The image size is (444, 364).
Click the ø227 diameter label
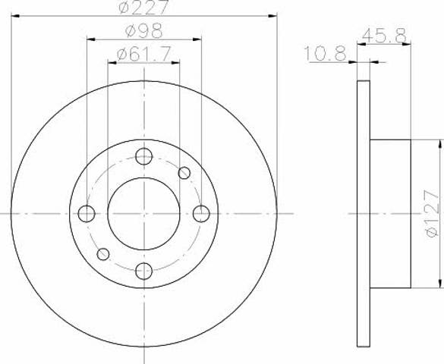(x=143, y=7)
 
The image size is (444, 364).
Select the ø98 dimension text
(x=144, y=30)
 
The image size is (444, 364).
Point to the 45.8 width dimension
(x=384, y=35)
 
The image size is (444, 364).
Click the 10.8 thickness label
(x=325, y=53)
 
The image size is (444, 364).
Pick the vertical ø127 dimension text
(x=432, y=214)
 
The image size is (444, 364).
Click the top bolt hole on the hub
(x=144, y=156)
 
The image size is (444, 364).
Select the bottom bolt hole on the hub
(x=144, y=271)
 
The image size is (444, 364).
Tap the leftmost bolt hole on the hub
(x=87, y=214)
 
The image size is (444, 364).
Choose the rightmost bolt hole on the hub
(x=201, y=214)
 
